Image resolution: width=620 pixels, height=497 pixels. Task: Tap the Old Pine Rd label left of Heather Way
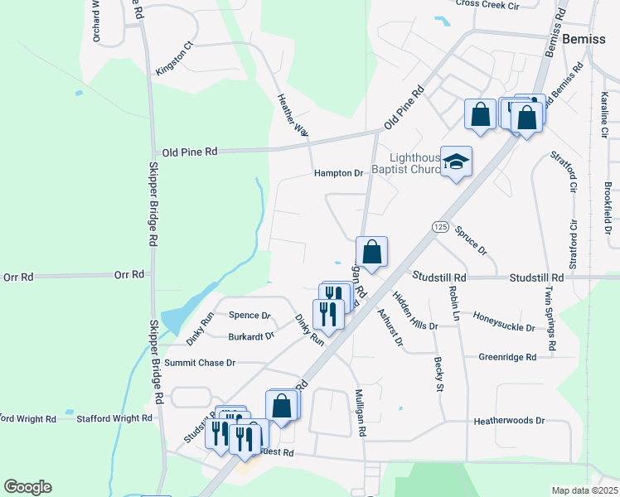tap(190, 152)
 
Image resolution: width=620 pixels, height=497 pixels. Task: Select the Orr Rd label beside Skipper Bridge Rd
tap(129, 274)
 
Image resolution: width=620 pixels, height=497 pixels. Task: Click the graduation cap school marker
tap(456, 162)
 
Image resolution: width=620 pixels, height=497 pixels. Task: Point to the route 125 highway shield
tap(439, 226)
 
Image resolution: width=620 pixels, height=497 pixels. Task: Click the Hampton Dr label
tap(339, 173)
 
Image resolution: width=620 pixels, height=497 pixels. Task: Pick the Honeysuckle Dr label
tap(504, 321)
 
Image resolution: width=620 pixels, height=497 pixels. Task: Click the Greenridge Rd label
tap(507, 357)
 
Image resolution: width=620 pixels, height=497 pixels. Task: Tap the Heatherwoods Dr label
tap(509, 421)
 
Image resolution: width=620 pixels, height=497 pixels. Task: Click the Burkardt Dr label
tap(252, 336)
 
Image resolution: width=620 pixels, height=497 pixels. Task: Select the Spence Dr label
tap(249, 316)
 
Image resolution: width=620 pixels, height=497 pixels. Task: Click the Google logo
tap(27, 487)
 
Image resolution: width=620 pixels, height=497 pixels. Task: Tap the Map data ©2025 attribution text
tap(584, 490)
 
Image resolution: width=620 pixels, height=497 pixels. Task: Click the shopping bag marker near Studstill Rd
tap(372, 252)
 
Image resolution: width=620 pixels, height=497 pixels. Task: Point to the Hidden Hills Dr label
tap(414, 311)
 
